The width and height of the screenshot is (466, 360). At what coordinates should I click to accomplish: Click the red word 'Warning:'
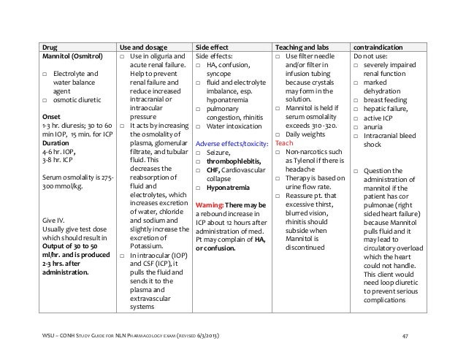tap(213, 205)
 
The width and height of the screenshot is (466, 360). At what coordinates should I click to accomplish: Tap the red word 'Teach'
tap(284, 143)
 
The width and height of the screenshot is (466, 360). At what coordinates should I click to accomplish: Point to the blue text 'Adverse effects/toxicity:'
tap(233, 143)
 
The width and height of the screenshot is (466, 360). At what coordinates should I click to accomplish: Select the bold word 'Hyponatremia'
tap(229, 188)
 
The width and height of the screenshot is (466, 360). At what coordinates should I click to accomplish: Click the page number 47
tap(416, 336)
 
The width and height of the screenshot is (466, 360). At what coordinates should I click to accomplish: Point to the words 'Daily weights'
tap(308, 134)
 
